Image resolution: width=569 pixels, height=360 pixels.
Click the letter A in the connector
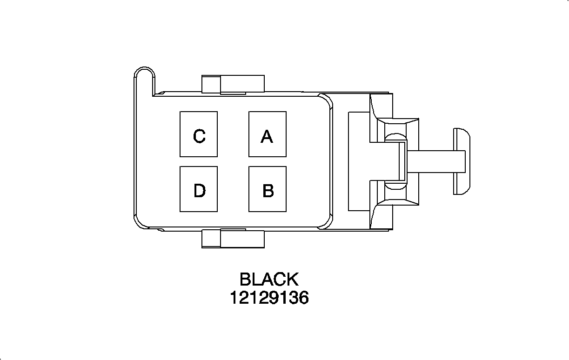point(267,137)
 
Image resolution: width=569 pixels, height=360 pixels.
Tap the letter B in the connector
point(268,191)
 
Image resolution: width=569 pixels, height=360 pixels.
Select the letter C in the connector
point(199,137)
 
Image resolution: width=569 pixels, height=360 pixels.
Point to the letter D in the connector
point(199,191)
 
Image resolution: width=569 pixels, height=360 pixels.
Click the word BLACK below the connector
point(268,280)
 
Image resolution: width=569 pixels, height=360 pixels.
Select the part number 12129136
point(269,298)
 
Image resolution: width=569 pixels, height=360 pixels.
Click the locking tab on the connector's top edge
point(233,84)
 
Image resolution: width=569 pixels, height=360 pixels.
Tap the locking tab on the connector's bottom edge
point(233,239)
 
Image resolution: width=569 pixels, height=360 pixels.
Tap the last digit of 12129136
point(304,298)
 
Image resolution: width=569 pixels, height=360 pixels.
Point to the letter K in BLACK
point(292,280)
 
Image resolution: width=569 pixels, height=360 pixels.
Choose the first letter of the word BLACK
point(245,280)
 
